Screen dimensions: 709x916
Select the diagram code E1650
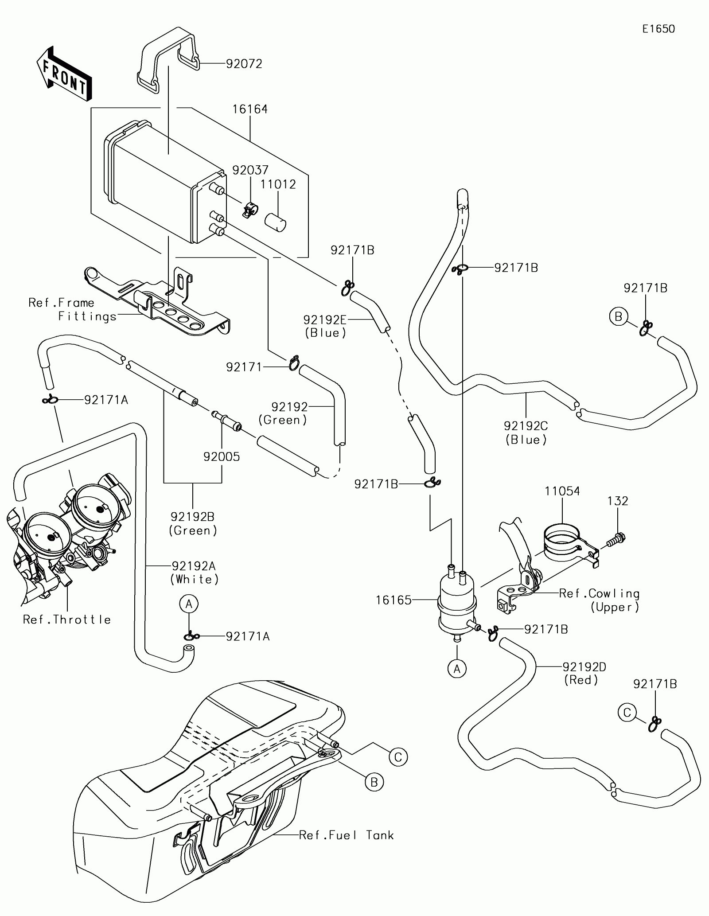(658, 29)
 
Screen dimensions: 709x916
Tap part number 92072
(244, 64)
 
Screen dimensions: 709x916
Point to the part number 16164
(250, 109)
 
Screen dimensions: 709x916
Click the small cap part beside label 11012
(275, 222)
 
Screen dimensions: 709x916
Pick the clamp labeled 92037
(250, 209)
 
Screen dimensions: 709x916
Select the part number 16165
(393, 600)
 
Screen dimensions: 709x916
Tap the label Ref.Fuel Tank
(346, 835)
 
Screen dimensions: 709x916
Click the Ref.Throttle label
(67, 619)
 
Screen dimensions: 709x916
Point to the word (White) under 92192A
(195, 579)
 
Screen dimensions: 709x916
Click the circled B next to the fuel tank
(374, 782)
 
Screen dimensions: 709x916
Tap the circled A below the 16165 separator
(457, 681)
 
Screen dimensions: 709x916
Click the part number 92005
(222, 456)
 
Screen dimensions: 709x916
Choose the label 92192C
(526, 426)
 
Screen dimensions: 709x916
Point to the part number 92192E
(325, 320)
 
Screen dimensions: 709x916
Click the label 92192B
(192, 517)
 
